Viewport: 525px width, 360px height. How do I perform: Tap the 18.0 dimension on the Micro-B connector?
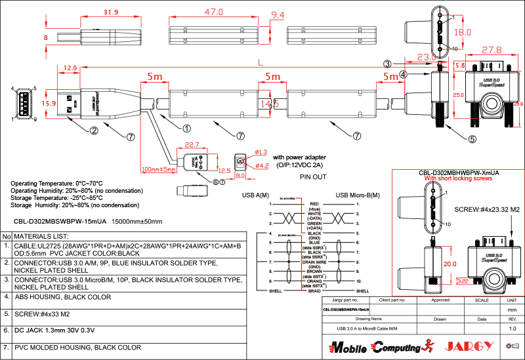[463, 32]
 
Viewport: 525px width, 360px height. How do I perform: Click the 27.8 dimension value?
[492, 50]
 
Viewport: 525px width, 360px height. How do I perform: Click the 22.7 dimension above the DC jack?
[192, 145]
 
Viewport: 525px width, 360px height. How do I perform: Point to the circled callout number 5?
[472, 138]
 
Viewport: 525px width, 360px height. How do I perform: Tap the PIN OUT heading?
[313, 177]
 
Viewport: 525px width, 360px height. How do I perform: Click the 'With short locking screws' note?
[457, 178]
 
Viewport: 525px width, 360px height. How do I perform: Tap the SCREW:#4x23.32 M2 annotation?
[487, 209]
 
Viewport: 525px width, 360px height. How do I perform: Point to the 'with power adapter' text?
[299, 157]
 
